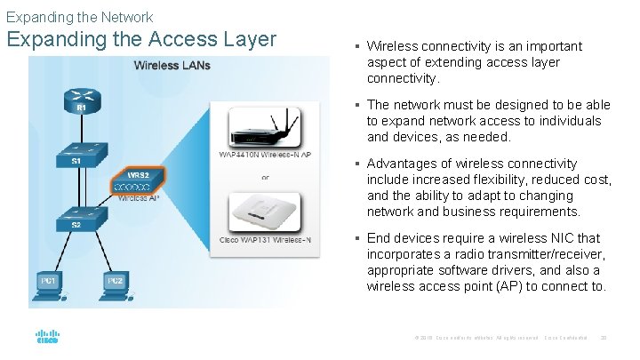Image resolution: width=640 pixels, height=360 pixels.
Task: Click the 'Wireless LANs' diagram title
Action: point(172,65)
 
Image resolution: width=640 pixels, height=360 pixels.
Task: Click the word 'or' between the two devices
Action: point(264,176)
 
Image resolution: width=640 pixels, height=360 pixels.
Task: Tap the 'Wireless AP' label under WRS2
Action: point(138,198)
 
